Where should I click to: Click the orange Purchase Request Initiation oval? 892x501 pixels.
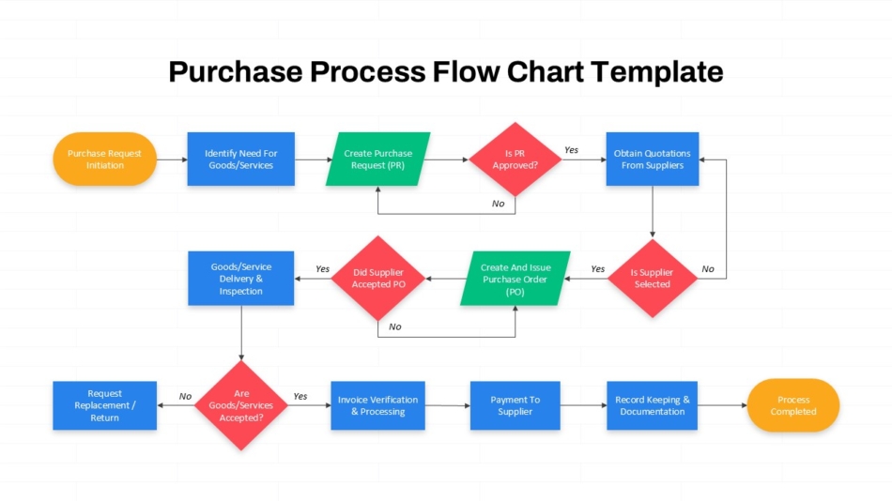[x=104, y=159]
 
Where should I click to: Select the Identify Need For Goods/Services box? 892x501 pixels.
[x=241, y=159]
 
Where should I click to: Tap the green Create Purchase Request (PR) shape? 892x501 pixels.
[x=377, y=159]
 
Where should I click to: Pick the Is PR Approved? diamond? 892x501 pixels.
[x=515, y=159]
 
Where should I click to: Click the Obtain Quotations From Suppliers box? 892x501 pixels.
[x=653, y=159]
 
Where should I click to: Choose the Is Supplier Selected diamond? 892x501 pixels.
[x=653, y=278]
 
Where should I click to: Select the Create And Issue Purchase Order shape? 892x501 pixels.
[x=515, y=279]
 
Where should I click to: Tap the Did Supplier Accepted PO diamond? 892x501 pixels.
[x=378, y=278]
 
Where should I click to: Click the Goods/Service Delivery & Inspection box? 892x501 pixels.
[x=241, y=279]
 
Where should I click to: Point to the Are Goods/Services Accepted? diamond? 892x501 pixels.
[x=241, y=405]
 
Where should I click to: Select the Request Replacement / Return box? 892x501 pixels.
[x=104, y=405]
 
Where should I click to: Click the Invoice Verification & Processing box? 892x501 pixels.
[x=377, y=405]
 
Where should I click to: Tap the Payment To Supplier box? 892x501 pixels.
[x=515, y=405]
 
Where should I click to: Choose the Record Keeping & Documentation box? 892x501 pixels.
[x=652, y=405]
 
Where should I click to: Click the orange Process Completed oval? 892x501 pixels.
[x=793, y=405]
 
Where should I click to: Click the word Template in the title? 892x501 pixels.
[x=656, y=72]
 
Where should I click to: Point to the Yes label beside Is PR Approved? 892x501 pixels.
[x=571, y=150]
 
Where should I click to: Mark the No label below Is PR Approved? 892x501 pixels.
[x=499, y=204]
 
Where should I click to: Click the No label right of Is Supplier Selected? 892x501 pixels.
[x=708, y=269]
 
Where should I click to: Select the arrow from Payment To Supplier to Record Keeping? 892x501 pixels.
[x=584, y=405]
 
